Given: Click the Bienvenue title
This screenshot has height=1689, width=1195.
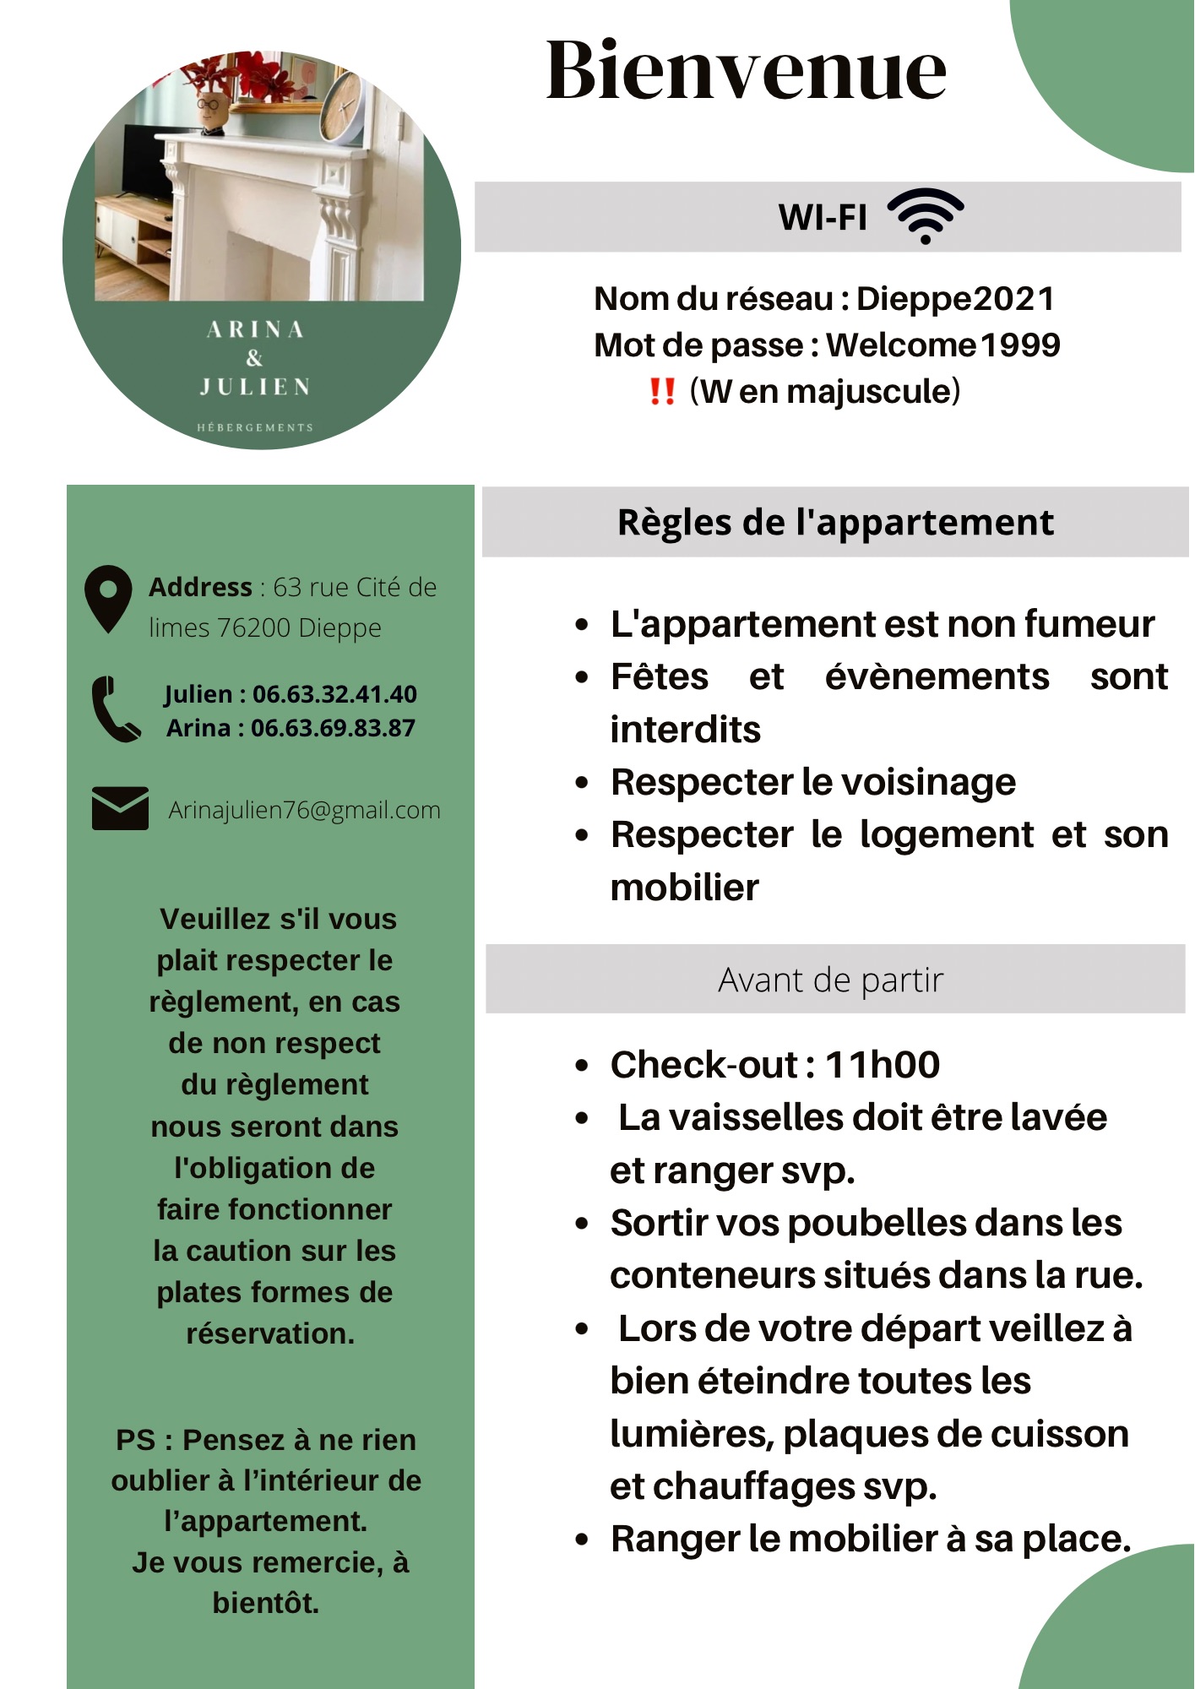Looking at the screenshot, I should pyautogui.click(x=746, y=71).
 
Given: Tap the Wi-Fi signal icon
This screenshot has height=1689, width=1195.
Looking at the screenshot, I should pyautogui.click(x=926, y=216).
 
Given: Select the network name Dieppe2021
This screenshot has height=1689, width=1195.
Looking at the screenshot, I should pyautogui.click(x=955, y=299).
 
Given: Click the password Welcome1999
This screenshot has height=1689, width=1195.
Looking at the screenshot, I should pyautogui.click(x=942, y=345).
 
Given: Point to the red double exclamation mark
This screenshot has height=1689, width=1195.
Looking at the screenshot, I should pyautogui.click(x=662, y=392).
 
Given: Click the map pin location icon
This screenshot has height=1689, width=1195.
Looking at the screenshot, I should pyautogui.click(x=108, y=598).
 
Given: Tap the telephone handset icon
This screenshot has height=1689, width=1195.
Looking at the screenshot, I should pyautogui.click(x=115, y=709).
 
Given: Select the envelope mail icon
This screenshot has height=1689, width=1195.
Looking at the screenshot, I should pyautogui.click(x=120, y=808).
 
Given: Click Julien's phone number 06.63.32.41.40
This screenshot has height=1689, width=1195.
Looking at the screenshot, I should pyautogui.click(x=334, y=694).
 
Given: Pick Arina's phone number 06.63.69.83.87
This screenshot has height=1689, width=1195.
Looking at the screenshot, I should pyautogui.click(x=333, y=728).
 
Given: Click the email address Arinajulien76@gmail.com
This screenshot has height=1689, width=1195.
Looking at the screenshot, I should pyautogui.click(x=304, y=810).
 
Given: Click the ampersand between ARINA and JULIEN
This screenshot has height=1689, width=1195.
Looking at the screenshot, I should pyautogui.click(x=254, y=358).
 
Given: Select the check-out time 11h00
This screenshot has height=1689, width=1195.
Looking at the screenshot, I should pyautogui.click(x=882, y=1065).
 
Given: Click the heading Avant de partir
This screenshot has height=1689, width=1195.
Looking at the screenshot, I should pyautogui.click(x=830, y=980).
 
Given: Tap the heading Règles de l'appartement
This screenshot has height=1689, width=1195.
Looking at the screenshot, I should pyautogui.click(x=835, y=523).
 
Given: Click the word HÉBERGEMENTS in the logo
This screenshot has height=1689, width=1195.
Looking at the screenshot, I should pyautogui.click(x=255, y=427).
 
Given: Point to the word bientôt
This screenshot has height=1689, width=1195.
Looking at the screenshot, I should pyautogui.click(x=266, y=1603).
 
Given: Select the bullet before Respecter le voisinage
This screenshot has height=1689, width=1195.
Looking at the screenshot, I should pyautogui.click(x=581, y=783).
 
